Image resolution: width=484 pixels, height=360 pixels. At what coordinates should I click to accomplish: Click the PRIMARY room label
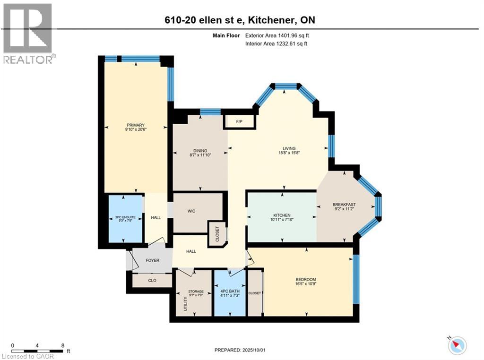pos(135,125)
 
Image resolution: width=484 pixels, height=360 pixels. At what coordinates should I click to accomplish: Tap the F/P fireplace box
pos(239,122)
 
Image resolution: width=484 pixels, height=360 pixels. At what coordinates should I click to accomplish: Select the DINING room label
pos(200,151)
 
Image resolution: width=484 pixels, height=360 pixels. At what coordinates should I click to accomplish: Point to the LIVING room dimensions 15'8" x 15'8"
pos(286,153)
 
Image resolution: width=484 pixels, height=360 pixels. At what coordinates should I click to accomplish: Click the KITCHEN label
pos(282,215)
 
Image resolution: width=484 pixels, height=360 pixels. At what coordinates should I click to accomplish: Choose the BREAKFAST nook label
pos(344,205)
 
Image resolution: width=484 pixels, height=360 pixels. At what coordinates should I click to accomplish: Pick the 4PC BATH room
pos(229,291)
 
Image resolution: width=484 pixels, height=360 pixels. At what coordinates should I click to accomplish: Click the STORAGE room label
pos(196,291)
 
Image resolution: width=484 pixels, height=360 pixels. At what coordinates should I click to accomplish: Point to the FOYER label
pos(152,260)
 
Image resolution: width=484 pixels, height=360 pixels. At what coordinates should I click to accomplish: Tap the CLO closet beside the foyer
pos(152,280)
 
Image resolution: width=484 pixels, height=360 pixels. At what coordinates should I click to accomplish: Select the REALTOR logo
pos(28,33)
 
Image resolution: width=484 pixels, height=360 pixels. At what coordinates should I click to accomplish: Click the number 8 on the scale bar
pos(63,345)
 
